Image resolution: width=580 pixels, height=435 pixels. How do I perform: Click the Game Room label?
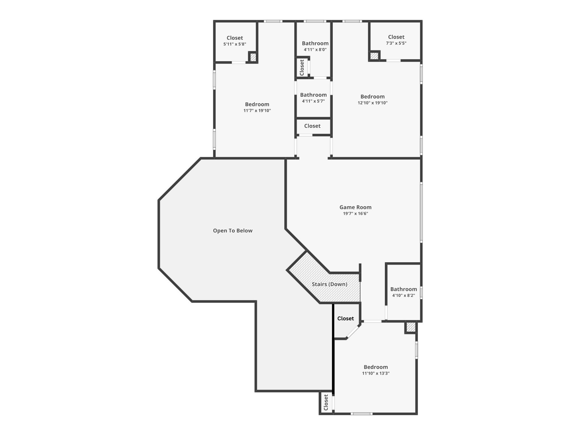point(355,207)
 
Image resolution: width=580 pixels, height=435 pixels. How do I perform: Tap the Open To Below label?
point(233,231)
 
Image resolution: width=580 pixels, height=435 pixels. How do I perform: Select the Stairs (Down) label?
point(329,284)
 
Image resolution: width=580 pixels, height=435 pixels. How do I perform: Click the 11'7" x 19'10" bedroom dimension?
point(257,111)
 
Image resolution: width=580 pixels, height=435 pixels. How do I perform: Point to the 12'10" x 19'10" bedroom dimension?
point(372,103)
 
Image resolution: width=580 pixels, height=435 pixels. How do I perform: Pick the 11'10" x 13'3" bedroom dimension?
point(376,373)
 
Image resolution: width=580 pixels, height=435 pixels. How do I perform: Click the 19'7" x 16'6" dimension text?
point(355,214)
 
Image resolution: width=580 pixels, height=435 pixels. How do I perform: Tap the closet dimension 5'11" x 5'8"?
point(235,44)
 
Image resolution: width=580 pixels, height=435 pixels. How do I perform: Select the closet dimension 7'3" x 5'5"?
point(396,43)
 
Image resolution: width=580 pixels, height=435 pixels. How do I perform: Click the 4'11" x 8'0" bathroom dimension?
point(315,50)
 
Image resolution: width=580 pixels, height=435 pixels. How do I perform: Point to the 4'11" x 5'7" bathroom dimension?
point(313,101)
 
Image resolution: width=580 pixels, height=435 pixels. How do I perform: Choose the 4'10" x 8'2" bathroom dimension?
point(404,295)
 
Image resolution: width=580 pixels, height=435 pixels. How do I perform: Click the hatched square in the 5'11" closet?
point(253,57)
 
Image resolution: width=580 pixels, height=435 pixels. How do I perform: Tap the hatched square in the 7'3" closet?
point(374,56)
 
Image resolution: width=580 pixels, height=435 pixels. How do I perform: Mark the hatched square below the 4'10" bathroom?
point(411,327)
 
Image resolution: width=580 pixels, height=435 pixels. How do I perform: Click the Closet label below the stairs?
point(346,318)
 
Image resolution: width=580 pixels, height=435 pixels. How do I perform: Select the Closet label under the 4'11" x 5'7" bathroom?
point(312,126)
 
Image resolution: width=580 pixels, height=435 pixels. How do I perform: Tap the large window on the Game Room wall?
point(421,212)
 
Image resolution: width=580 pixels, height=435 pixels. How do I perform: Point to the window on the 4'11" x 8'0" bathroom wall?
point(315,21)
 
